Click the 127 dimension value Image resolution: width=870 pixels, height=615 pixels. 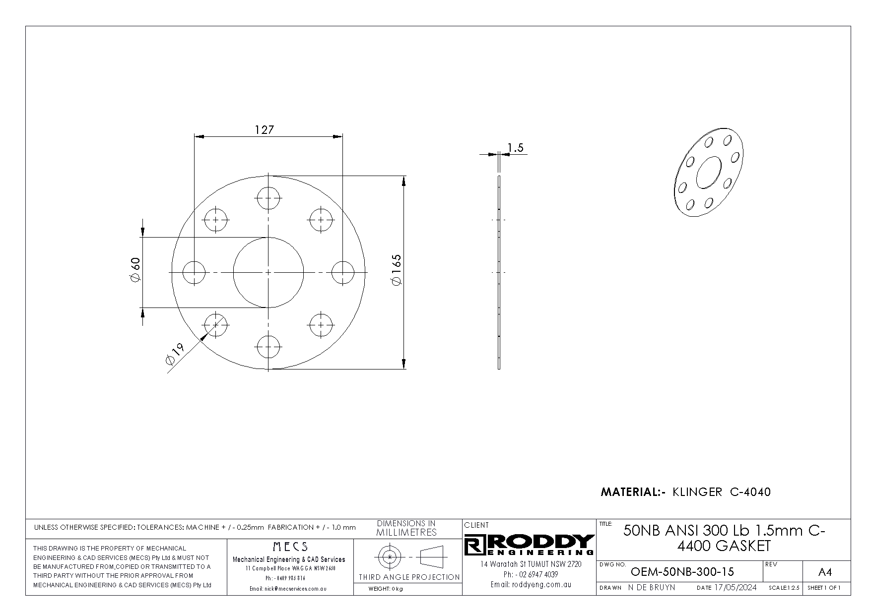[x=264, y=130]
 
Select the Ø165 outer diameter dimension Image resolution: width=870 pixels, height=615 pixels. [x=397, y=270]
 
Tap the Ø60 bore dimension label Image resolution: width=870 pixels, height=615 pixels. [x=135, y=270]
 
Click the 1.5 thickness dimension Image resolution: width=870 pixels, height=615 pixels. [x=516, y=147]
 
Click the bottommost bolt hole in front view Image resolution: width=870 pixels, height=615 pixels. [x=268, y=346]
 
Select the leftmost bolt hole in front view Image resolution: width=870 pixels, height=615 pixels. [x=195, y=272]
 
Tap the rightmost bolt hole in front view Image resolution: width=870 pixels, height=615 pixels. [x=342, y=272]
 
